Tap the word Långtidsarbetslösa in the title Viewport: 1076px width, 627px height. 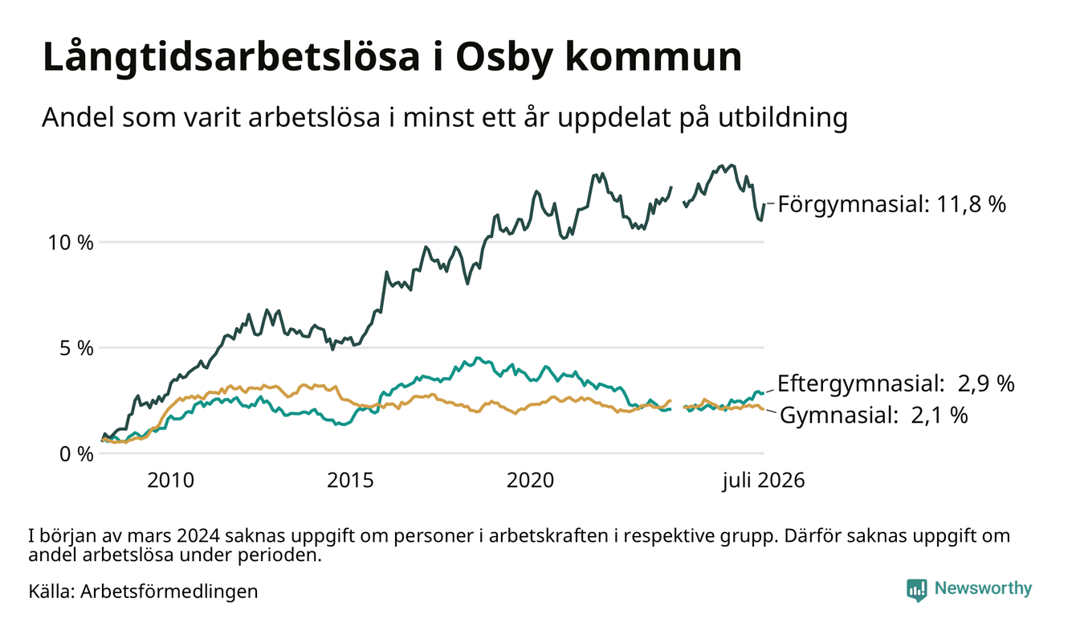[231, 57]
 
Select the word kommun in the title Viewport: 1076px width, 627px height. [654, 57]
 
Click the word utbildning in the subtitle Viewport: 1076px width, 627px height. [783, 117]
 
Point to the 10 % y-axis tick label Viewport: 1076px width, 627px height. [70, 243]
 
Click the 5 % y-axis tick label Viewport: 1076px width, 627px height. [76, 348]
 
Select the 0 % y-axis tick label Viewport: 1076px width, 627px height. [76, 454]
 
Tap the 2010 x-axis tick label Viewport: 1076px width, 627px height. [170, 481]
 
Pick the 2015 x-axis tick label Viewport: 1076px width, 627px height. [350, 481]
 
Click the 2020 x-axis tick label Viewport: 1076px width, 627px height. [530, 481]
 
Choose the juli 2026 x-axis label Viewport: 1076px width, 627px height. [764, 481]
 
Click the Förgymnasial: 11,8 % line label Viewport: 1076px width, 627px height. [891, 204]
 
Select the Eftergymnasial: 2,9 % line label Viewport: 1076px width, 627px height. [896, 383]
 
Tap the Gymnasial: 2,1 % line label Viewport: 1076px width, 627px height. [874, 415]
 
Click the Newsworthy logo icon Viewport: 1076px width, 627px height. [916, 589]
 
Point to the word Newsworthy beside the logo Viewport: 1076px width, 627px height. [984, 588]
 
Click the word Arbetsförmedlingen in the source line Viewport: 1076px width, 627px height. [169, 592]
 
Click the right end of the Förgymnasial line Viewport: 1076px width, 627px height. [764, 204]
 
